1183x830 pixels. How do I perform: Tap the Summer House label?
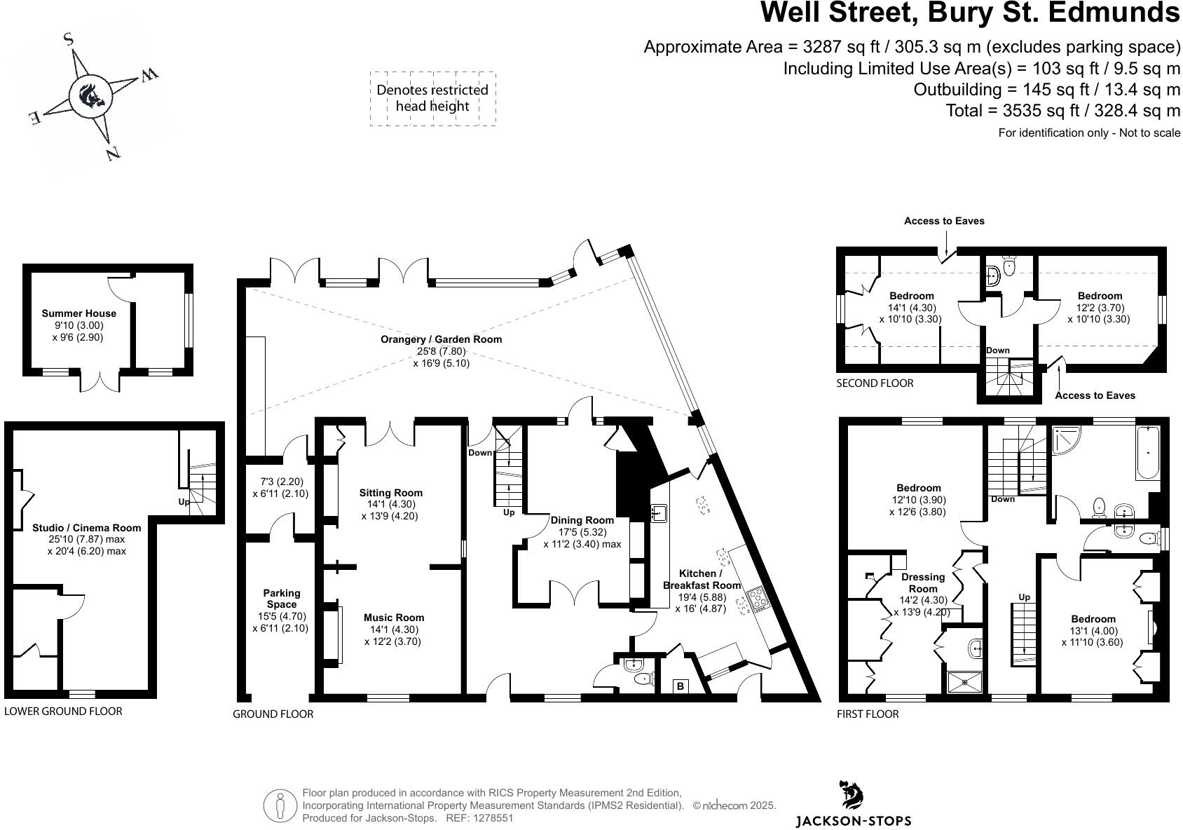79,313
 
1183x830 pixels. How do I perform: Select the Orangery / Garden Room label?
441,339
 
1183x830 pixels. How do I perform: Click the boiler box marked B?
680,686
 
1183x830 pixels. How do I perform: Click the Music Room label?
393,618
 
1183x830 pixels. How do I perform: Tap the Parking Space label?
281,599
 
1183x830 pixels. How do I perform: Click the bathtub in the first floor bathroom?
1147,452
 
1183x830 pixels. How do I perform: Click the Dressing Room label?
923,583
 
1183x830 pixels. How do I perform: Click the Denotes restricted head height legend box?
432,98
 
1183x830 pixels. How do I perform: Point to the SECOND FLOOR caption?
875,383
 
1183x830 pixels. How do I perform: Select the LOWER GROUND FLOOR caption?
63,711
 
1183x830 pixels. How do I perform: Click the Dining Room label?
582,520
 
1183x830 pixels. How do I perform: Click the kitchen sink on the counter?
658,513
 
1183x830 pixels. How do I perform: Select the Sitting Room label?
391,493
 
